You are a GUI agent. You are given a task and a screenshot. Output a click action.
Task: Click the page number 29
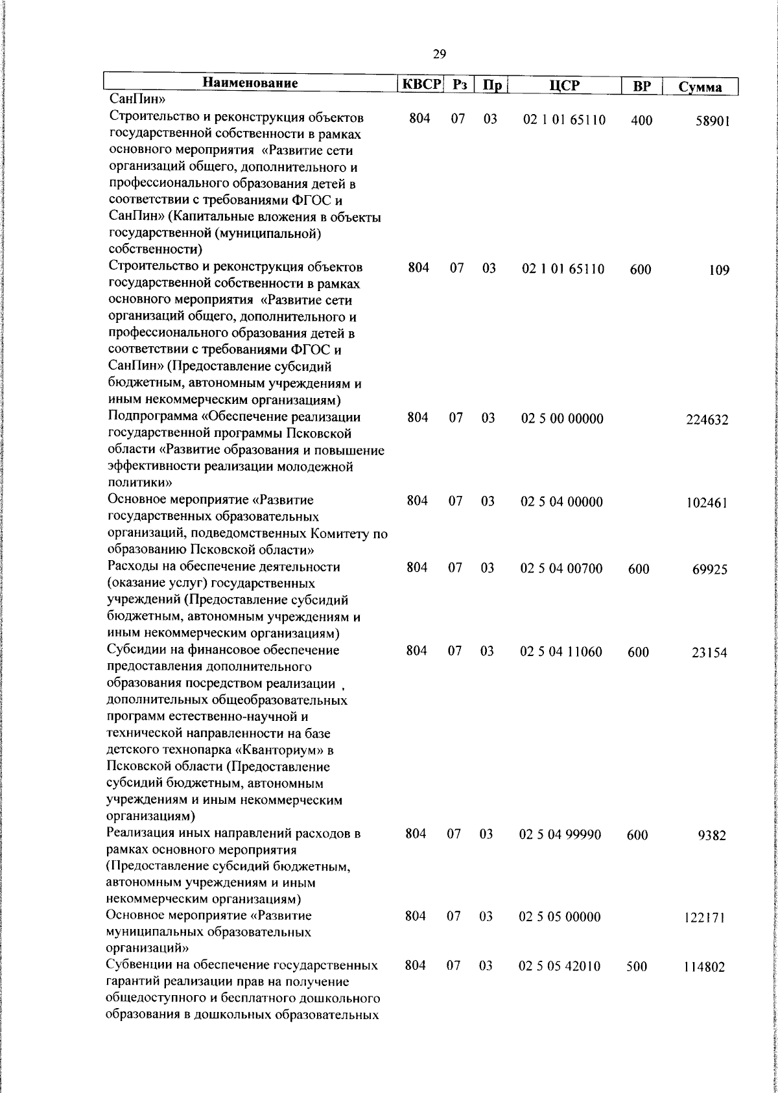coord(439,54)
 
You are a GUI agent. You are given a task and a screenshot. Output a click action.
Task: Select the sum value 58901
coord(713,121)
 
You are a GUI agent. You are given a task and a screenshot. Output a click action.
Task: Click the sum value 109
coord(719,270)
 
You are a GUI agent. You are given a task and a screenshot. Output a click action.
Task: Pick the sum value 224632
coord(707,420)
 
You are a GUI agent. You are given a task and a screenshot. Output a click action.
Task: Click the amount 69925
coord(710,570)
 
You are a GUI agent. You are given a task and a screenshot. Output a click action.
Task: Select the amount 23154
coord(709,653)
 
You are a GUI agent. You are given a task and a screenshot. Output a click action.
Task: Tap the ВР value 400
coord(641,121)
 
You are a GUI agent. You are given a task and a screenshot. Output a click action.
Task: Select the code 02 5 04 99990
coord(560,834)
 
